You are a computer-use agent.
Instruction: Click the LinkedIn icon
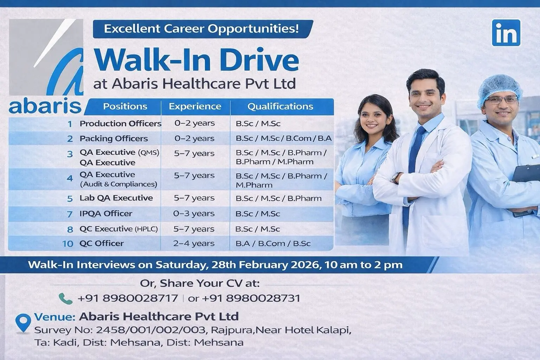pos(506,33)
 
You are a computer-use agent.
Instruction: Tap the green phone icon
pos(65,298)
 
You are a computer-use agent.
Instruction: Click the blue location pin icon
pos(23,323)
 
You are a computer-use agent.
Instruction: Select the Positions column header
pos(125,106)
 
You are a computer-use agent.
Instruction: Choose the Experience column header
pos(195,106)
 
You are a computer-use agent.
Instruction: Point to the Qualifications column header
pos(280,106)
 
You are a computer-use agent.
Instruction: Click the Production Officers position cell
pos(121,123)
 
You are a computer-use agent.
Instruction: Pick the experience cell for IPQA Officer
pos(194,213)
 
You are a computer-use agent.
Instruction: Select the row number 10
pos(68,244)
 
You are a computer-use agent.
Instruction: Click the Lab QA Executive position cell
pos(116,198)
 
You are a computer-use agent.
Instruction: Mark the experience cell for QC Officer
pos(194,243)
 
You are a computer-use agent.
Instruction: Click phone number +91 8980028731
pos(251,298)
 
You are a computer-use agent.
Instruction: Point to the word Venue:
pos(55,317)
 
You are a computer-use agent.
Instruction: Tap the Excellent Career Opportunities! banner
pos(203,29)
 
